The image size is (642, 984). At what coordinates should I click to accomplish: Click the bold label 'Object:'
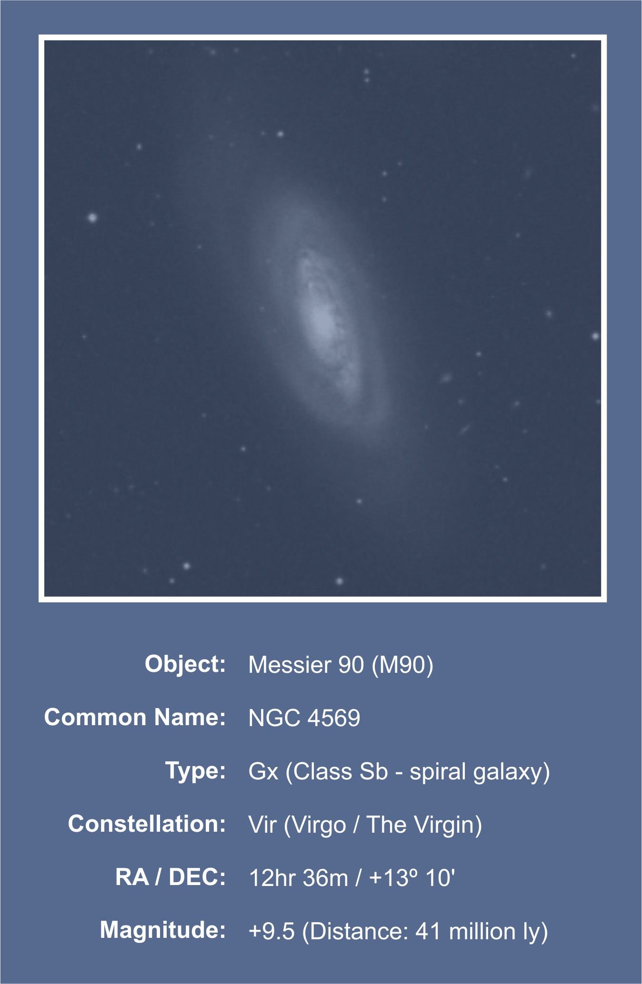tap(185, 664)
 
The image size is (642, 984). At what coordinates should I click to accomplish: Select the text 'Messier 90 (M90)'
tap(341, 665)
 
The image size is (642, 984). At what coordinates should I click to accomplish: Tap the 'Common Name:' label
tap(135, 717)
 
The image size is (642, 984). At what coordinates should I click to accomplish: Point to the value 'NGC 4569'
tap(304, 718)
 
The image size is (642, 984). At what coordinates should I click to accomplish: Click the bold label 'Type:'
tap(195, 770)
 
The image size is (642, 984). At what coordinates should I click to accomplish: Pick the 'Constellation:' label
tap(147, 824)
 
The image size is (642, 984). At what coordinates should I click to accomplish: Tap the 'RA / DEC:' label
tap(170, 877)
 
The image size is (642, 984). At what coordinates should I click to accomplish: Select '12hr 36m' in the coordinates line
tap(299, 878)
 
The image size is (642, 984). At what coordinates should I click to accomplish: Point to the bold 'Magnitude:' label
tap(163, 930)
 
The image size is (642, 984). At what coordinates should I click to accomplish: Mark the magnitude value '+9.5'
tap(271, 931)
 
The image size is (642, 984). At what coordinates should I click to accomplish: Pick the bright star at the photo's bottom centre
tap(340, 581)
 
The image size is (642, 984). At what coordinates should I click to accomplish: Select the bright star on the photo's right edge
tap(595, 336)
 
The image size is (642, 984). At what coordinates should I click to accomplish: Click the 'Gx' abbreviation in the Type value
tap(263, 771)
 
